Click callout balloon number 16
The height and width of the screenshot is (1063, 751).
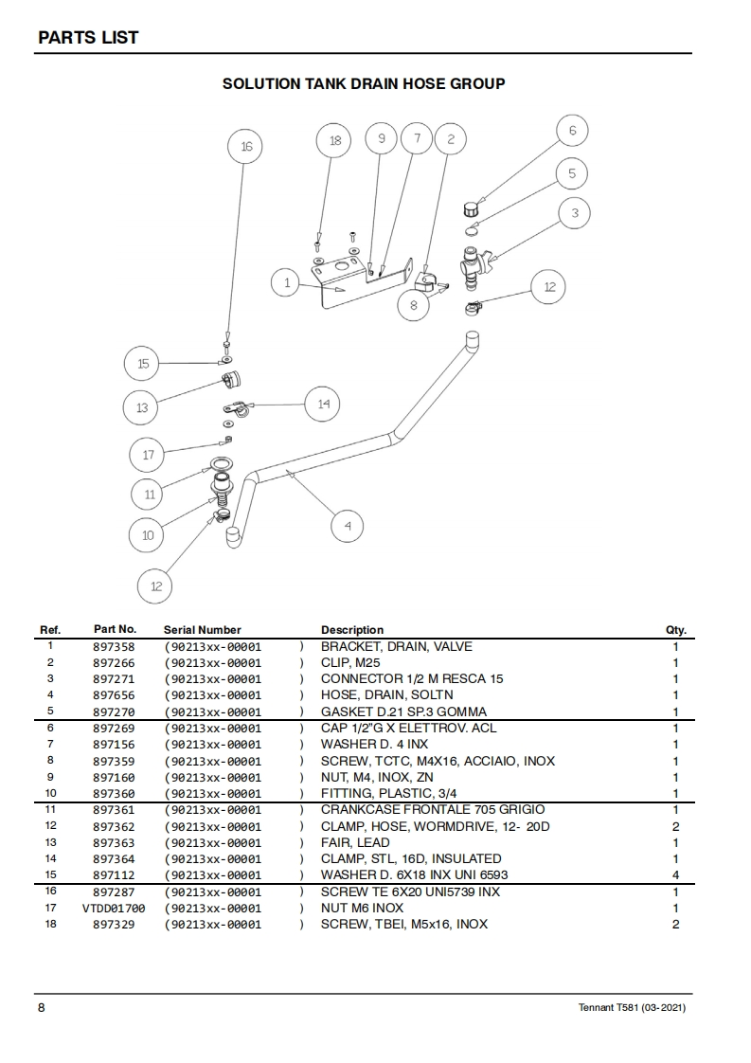click(246, 147)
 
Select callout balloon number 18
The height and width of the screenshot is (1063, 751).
click(334, 140)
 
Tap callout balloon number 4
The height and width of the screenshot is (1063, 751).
click(348, 526)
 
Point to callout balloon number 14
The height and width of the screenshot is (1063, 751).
click(323, 405)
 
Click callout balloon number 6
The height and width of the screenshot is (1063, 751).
click(572, 131)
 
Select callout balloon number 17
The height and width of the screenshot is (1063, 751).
click(148, 455)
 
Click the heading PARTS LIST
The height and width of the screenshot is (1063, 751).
click(88, 38)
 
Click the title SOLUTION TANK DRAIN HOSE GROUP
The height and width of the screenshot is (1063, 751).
click(364, 83)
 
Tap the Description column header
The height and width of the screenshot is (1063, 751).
click(352, 630)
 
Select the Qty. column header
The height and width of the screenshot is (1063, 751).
click(675, 630)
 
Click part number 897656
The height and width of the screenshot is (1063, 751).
click(114, 695)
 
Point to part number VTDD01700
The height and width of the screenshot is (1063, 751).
click(114, 908)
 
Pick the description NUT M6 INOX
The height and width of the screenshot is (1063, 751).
click(362, 908)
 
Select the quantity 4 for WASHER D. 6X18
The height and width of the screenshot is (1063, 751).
click(675, 875)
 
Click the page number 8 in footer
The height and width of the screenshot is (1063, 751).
click(41, 1007)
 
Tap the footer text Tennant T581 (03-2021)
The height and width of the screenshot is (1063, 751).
click(632, 1007)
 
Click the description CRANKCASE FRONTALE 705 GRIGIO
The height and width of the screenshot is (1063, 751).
click(433, 810)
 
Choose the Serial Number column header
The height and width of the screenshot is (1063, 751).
click(202, 630)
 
